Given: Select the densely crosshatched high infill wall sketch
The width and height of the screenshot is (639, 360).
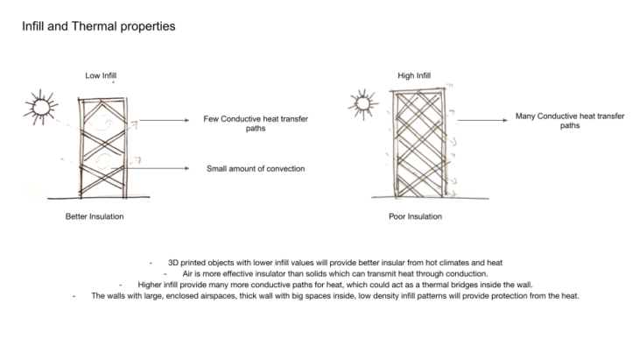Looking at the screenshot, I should pos(421,145).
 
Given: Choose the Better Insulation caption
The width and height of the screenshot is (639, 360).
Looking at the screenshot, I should pos(95,216).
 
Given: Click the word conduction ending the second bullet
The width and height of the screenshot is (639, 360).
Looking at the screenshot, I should pos(468,273).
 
